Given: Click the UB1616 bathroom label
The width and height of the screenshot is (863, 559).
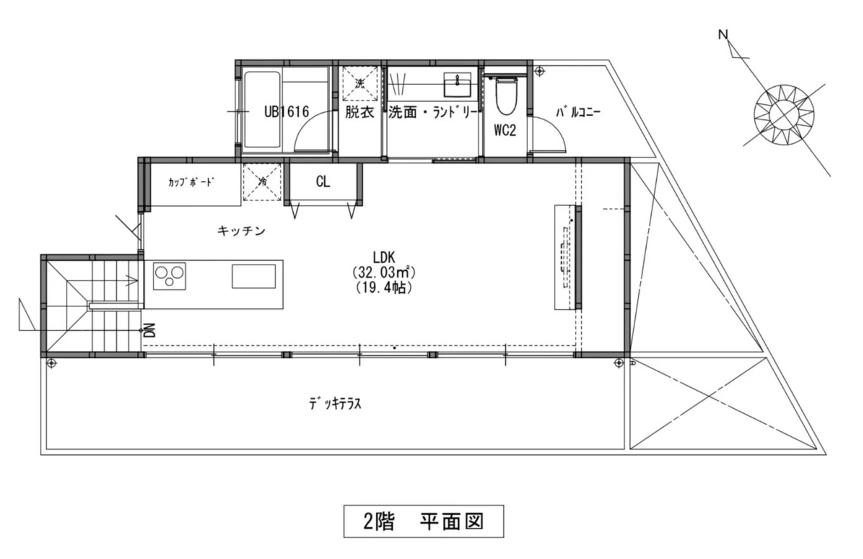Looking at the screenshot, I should [286, 112].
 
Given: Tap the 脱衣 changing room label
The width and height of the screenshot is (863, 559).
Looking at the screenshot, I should [359, 112].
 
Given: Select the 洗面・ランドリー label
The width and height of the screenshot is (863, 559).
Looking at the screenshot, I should [432, 112].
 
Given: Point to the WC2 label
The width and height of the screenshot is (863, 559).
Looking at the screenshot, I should [505, 131].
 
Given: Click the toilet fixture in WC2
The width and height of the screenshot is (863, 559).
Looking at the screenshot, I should [505, 95].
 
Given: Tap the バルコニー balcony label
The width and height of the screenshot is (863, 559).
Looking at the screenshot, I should [578, 113].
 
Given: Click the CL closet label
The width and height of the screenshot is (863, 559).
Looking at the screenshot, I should [323, 182].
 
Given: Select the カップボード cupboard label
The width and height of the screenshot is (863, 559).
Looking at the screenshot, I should [191, 182].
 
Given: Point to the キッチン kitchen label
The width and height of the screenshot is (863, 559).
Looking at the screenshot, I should [241, 231].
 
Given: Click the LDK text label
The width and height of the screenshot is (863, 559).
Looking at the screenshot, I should [385, 257].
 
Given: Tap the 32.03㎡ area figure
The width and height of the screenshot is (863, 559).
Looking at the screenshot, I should [383, 272].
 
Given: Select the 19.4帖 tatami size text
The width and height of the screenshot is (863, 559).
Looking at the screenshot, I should [384, 287].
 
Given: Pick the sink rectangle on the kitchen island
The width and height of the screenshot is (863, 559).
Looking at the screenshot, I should [253, 277].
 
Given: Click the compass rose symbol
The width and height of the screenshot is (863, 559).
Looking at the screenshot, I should [784, 114].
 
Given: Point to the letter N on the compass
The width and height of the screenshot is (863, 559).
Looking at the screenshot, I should [723, 35].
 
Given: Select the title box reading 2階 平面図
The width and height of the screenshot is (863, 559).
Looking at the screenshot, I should [423, 522].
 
